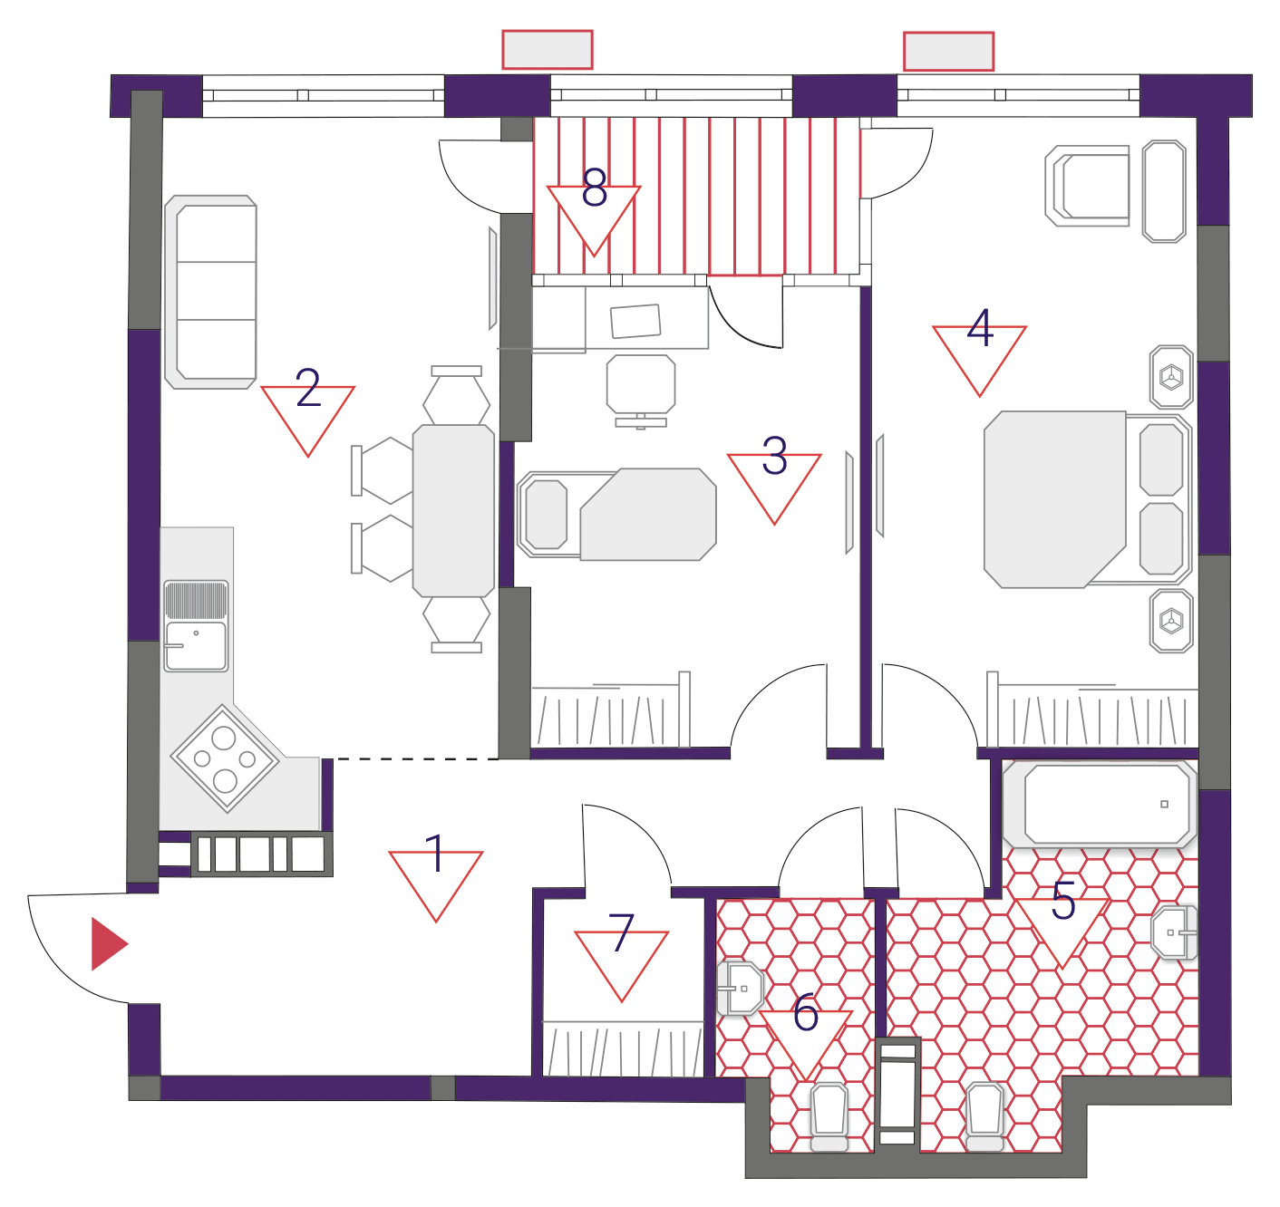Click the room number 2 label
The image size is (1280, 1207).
point(309,387)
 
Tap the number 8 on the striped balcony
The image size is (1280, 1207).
point(595,187)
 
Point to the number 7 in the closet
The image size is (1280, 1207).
point(621,932)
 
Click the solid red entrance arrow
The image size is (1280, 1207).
point(108,943)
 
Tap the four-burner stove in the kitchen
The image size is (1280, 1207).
point(224,758)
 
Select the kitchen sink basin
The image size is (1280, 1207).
point(196,646)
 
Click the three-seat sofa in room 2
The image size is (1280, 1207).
point(210,292)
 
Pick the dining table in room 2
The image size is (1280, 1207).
point(453,510)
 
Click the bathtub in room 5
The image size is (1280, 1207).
point(1100,804)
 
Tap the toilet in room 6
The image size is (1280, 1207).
point(829,1116)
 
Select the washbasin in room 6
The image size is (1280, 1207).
point(741,988)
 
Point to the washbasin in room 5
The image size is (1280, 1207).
point(1174,932)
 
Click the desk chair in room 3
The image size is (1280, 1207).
point(641,391)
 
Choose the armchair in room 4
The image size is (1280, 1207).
point(1087,186)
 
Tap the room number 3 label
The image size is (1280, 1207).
point(774,456)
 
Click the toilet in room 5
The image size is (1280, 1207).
point(984,1116)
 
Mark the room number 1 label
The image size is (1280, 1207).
point(436,854)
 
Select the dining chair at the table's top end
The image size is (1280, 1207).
point(456,394)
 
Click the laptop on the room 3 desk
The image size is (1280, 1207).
point(635,321)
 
